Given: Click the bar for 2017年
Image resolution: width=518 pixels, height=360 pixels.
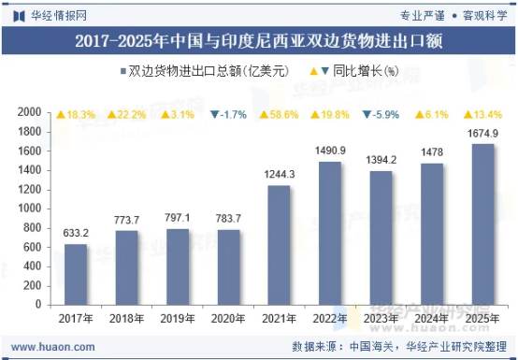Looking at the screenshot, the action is (76, 275).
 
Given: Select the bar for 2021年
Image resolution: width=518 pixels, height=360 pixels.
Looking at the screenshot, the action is (280, 245).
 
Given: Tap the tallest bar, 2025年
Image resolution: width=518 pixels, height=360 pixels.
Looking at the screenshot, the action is (483, 224).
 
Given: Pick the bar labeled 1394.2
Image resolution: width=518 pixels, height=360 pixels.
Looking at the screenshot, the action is (381, 238).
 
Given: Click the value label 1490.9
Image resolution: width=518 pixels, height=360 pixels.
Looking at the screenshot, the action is (330, 151).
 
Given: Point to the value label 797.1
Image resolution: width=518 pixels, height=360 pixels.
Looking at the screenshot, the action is (178, 218).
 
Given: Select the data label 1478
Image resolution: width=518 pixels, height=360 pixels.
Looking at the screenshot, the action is (432, 152).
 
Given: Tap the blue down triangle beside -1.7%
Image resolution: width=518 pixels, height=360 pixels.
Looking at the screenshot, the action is (215, 114).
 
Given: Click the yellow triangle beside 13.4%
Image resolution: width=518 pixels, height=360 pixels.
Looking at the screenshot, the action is (468, 115).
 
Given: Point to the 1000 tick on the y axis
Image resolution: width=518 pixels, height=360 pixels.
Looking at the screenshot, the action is (29, 209).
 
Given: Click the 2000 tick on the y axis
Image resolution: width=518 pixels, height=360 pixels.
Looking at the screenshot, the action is (29, 112).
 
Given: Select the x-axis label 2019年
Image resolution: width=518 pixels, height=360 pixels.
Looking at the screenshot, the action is (178, 319).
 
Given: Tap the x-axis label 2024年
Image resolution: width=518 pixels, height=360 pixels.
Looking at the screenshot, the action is (432, 319).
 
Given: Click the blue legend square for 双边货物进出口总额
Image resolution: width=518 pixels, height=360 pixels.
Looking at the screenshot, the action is (123, 71).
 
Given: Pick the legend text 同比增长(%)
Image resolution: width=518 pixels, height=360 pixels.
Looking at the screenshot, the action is (366, 71).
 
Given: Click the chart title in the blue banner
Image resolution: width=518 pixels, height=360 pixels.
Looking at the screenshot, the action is (259, 41).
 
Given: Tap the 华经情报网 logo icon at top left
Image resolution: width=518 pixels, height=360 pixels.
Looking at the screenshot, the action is (19, 16).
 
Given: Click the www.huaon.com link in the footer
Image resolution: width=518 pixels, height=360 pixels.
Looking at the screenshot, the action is (53, 347).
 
